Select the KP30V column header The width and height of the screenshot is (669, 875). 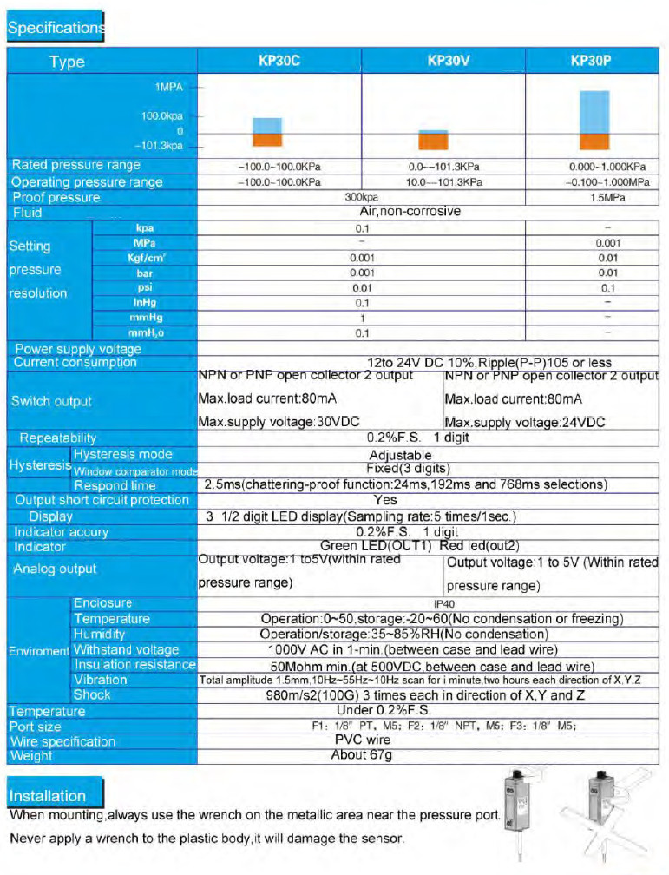[x=448, y=62]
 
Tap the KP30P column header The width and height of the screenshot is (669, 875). [x=594, y=62]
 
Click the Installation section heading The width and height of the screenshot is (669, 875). [x=49, y=796]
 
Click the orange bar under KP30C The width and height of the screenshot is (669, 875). [x=266, y=139]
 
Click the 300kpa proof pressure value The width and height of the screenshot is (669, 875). [x=363, y=198]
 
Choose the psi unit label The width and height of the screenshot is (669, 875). [x=145, y=287]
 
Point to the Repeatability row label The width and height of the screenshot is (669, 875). [x=58, y=438]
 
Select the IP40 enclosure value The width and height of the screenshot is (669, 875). [x=444, y=603]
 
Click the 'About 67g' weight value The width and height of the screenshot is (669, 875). [x=363, y=755]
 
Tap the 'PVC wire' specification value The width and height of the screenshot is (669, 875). [x=363, y=740]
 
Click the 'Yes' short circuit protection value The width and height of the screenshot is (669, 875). [x=384, y=500]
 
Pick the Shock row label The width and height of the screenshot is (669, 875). [x=92, y=694]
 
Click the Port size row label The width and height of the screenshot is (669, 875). [x=36, y=727]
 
